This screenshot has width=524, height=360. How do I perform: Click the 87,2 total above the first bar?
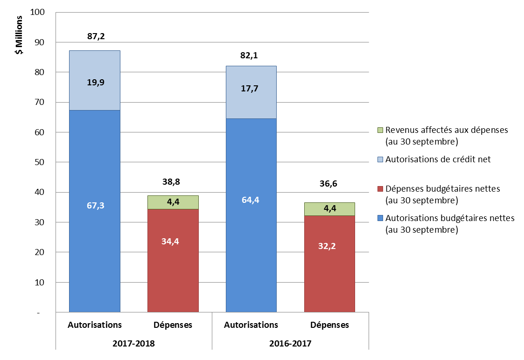(x=96, y=36)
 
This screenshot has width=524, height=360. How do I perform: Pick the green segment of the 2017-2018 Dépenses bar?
(x=173, y=202)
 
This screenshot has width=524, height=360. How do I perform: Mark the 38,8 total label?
(x=172, y=181)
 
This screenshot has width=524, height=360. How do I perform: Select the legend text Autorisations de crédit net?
(x=438, y=159)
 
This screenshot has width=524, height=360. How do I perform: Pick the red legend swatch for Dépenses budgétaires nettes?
(x=380, y=189)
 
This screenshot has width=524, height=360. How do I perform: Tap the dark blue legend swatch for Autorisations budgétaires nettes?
(x=380, y=218)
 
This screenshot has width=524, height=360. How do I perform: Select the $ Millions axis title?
(x=19, y=35)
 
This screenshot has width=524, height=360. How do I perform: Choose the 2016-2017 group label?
(x=290, y=344)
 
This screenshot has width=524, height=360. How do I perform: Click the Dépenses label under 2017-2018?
(x=172, y=325)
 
